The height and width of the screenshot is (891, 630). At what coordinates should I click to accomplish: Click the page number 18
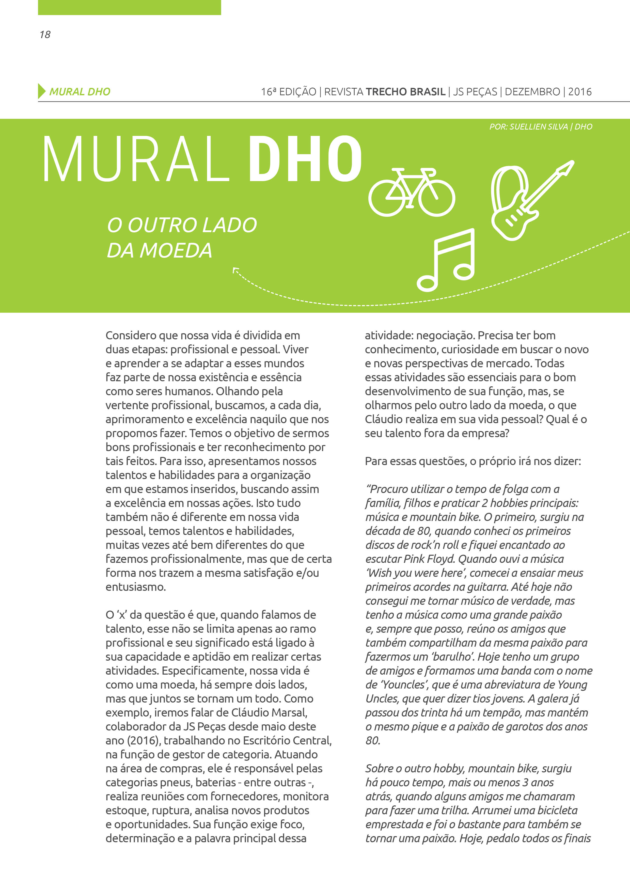45,35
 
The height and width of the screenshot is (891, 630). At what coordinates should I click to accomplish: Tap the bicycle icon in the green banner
412,192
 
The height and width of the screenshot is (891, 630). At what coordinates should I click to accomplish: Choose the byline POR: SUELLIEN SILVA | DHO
541,126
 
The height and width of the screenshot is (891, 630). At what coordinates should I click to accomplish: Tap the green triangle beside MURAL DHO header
41,91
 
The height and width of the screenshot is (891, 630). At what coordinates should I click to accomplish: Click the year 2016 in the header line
580,92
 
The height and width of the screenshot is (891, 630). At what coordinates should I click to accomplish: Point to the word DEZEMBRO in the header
532,92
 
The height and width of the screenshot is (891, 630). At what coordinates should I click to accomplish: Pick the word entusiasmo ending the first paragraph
135,587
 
